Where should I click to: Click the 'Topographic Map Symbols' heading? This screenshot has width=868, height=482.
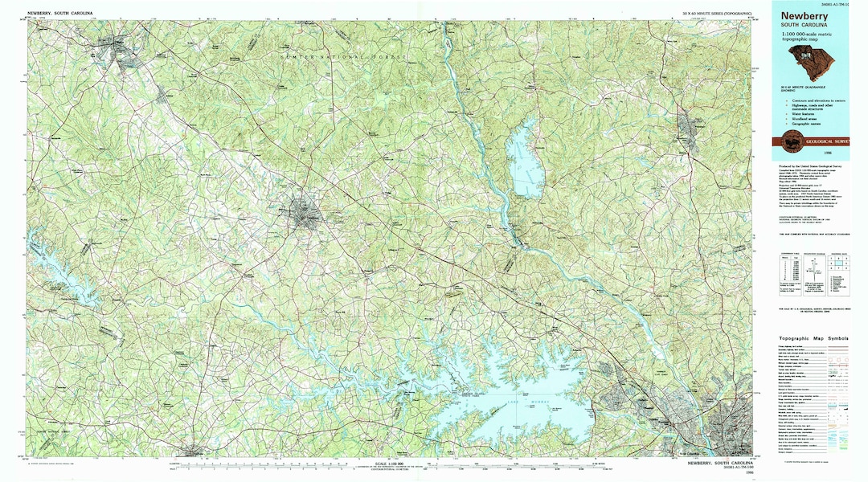(813, 338)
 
